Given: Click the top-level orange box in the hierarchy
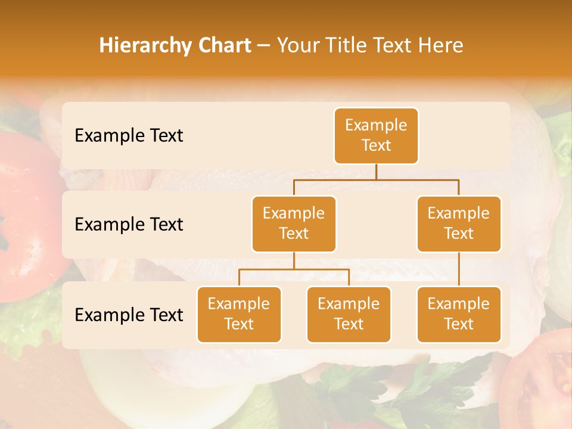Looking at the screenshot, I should pyautogui.click(x=376, y=135).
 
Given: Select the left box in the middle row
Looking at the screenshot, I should pyautogui.click(x=294, y=223).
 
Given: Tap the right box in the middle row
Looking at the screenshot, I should pyautogui.click(x=459, y=223).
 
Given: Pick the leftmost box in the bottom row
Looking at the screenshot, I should pyautogui.click(x=239, y=314).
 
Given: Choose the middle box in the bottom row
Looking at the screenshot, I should pyautogui.click(x=349, y=314).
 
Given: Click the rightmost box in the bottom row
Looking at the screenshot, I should pyautogui.click(x=459, y=314).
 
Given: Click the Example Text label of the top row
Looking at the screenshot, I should pyautogui.click(x=129, y=135).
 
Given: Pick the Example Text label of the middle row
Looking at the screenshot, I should pyautogui.click(x=129, y=224).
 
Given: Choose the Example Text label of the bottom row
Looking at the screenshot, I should pyautogui.click(x=129, y=315).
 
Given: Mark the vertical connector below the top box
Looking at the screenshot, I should pyautogui.click(x=376, y=172).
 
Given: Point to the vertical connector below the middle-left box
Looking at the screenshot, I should pyautogui.click(x=294, y=260).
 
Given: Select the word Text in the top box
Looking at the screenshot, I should pyautogui.click(x=376, y=145).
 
